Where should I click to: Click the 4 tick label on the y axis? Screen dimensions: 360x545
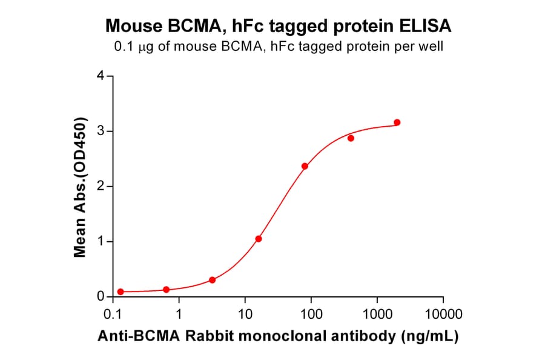click(101, 76)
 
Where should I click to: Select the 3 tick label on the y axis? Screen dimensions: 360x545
click(101, 131)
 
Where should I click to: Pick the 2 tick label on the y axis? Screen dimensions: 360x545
click(101, 186)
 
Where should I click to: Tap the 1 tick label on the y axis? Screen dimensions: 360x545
click(101, 241)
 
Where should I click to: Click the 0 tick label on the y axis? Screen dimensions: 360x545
click(101, 296)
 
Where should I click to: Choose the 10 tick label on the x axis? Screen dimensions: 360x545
click(245, 315)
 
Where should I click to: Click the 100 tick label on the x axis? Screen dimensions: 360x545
click(311, 315)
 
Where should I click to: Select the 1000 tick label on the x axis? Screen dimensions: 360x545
click(377, 315)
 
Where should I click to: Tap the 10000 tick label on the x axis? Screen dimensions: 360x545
click(443, 315)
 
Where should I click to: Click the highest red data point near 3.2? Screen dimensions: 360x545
click(397, 122)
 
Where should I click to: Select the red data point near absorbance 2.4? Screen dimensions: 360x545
click(305, 166)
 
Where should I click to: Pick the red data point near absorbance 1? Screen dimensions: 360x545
click(259, 239)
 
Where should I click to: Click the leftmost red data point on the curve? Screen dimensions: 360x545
click(121, 292)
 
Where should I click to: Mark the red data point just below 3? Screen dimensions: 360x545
click(351, 138)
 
